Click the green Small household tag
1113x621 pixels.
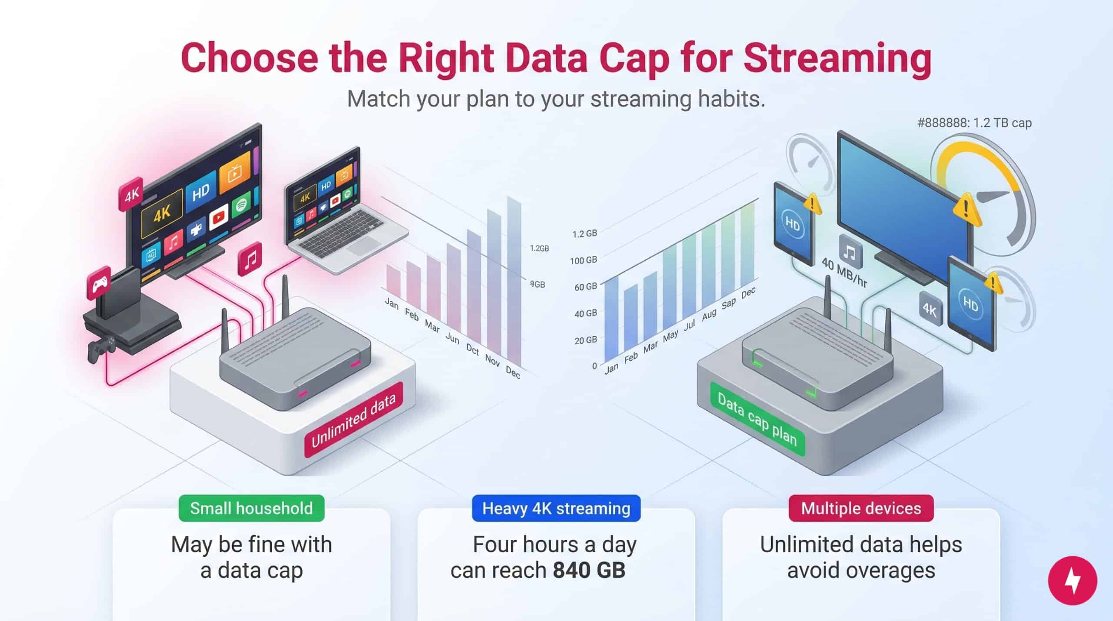coord(251,508)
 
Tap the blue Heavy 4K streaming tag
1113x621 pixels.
coord(556,508)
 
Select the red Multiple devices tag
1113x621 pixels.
coord(861,508)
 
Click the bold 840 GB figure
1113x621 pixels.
coord(589,570)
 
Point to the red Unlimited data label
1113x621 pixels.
coord(353,420)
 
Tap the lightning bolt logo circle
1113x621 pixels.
coord(1073,581)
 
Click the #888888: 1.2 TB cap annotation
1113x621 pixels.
coord(974,123)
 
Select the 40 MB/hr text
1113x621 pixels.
coord(844,273)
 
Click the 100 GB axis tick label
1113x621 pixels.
coord(583,260)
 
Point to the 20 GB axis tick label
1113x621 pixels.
coord(586,340)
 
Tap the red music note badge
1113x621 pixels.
coord(250,259)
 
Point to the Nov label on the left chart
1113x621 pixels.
coord(492,361)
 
